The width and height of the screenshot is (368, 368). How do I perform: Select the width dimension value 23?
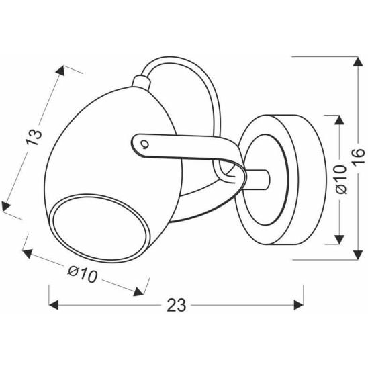click(x=176, y=306)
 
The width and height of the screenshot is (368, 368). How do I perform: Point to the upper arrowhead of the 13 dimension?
click(x=65, y=69)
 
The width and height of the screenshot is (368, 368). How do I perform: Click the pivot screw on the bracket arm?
click(x=144, y=142)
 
